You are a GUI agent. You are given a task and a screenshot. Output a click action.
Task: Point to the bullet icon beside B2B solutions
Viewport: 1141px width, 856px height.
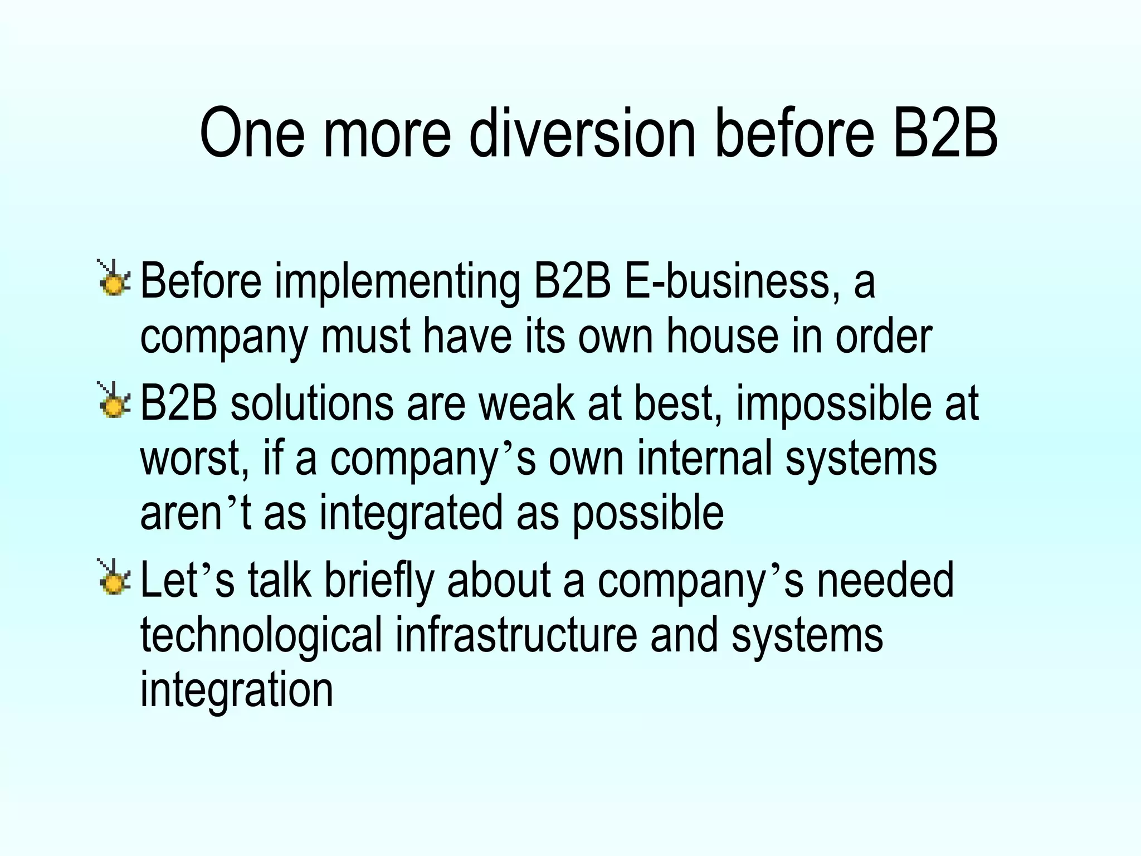pyautogui.click(x=114, y=401)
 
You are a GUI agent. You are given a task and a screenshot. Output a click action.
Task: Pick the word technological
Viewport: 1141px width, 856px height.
pyautogui.click(x=261, y=636)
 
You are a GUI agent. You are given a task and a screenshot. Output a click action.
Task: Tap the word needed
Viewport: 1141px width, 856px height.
pyautogui.click(x=885, y=580)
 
